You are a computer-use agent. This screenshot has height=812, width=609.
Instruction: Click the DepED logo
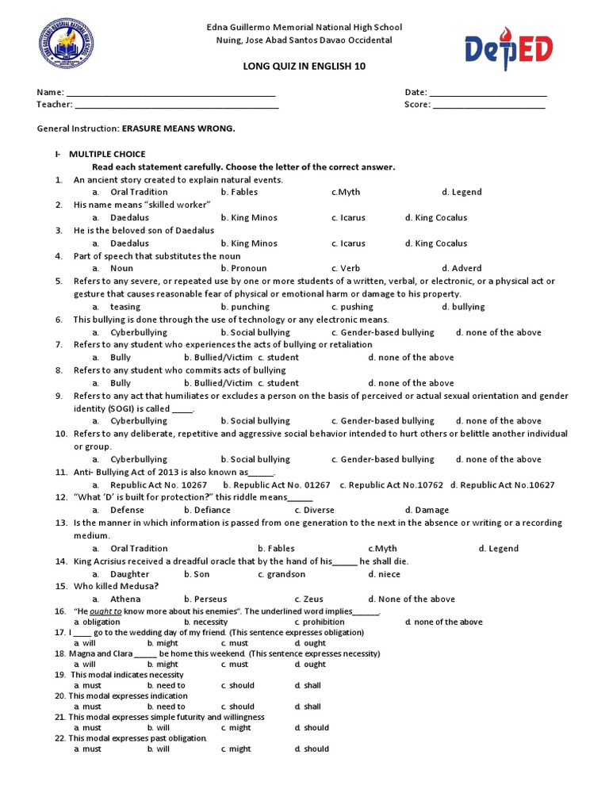(x=508, y=53)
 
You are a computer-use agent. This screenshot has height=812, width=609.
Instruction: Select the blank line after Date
(x=488, y=94)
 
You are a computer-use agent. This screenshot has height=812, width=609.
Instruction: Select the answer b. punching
(x=245, y=307)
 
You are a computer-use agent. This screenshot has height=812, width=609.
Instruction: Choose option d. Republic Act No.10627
(x=503, y=485)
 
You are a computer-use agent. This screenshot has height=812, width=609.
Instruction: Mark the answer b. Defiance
(x=207, y=511)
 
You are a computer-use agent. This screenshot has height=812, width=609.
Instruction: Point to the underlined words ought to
(x=105, y=612)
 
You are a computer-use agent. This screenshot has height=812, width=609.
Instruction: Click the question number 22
(x=60, y=738)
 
